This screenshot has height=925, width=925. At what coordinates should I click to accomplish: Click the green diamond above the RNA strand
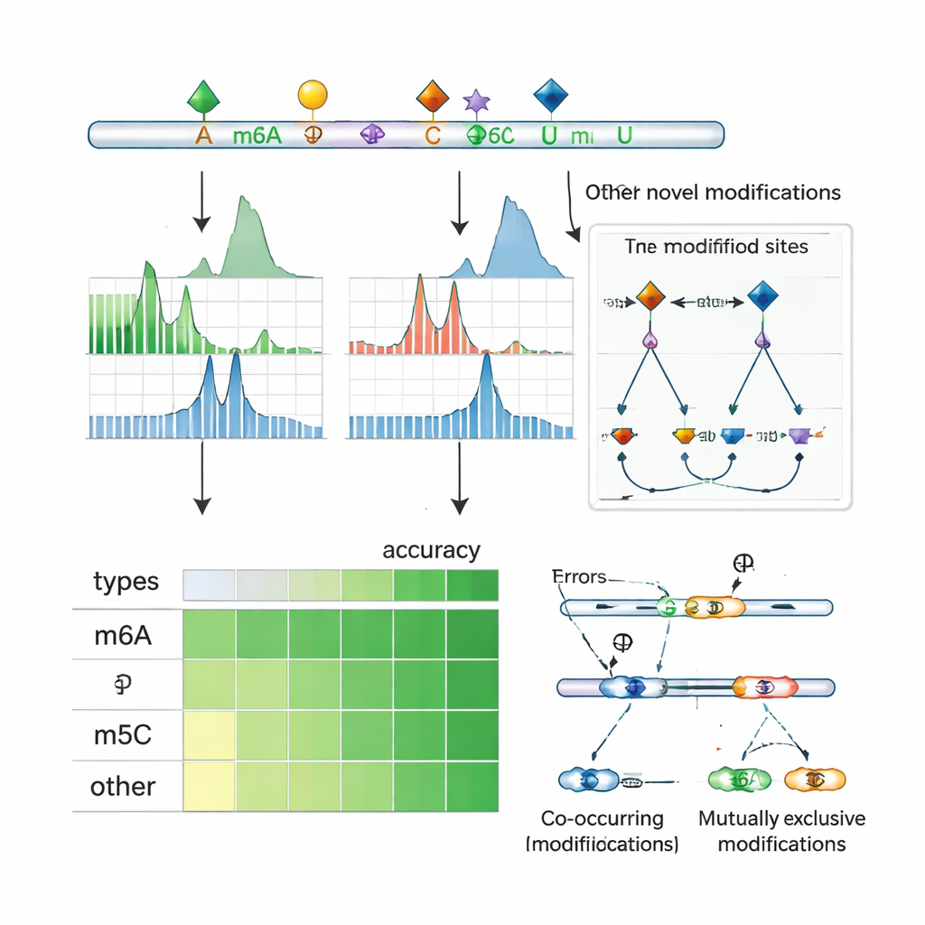point(203,95)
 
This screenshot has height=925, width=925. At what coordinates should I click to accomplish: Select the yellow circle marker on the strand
point(312,94)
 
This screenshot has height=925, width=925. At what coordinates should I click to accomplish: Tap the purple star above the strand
point(476,100)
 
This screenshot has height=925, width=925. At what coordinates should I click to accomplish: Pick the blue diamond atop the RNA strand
point(551,94)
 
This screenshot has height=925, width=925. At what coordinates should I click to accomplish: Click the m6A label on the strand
point(257,136)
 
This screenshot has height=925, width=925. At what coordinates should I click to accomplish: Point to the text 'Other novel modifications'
point(713,192)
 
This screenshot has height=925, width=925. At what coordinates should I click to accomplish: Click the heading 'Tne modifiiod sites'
point(716,246)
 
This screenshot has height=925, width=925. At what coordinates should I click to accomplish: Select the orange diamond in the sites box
point(650,297)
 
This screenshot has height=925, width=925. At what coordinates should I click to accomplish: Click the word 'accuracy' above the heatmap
point(431,550)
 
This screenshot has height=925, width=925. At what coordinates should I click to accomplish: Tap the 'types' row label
point(126,583)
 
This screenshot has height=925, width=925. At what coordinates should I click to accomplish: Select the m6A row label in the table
point(123,636)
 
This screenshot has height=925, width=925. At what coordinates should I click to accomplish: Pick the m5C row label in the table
point(123,735)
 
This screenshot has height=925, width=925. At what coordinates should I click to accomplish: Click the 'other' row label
point(123,786)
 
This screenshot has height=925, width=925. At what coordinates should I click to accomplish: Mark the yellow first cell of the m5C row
point(210,735)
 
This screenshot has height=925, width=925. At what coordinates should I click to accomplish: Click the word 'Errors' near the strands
point(578,576)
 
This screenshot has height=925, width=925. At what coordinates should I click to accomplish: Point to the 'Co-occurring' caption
point(602,818)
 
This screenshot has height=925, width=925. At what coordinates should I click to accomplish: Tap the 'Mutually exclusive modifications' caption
point(781,831)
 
